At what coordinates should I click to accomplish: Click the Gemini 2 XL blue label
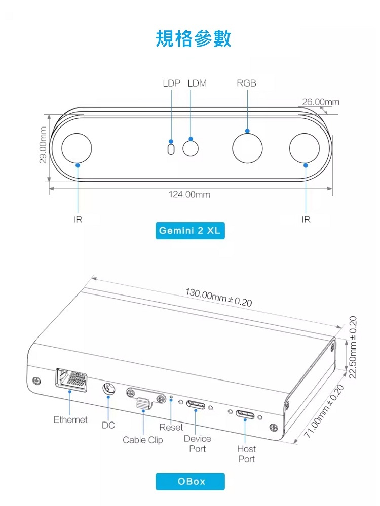point(190,230)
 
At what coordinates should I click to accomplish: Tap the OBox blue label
point(190,481)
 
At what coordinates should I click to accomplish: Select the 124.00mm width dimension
point(189,195)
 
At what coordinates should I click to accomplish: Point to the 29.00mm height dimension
point(43,145)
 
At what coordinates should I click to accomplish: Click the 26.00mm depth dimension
point(321,102)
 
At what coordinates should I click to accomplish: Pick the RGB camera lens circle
point(247,148)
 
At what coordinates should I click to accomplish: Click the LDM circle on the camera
point(191,148)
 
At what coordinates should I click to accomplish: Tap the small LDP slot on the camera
point(171,149)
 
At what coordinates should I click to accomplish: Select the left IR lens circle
point(77,148)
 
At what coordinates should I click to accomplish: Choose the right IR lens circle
point(305,148)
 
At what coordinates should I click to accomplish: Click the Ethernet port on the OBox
point(71,380)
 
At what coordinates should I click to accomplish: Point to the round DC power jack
point(108,389)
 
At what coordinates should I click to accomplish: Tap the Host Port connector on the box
point(245,415)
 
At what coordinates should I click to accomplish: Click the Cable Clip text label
point(142,440)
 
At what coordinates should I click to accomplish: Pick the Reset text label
point(171,427)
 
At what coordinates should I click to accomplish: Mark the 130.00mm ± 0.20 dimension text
point(218,298)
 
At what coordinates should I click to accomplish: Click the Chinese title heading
point(193,38)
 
